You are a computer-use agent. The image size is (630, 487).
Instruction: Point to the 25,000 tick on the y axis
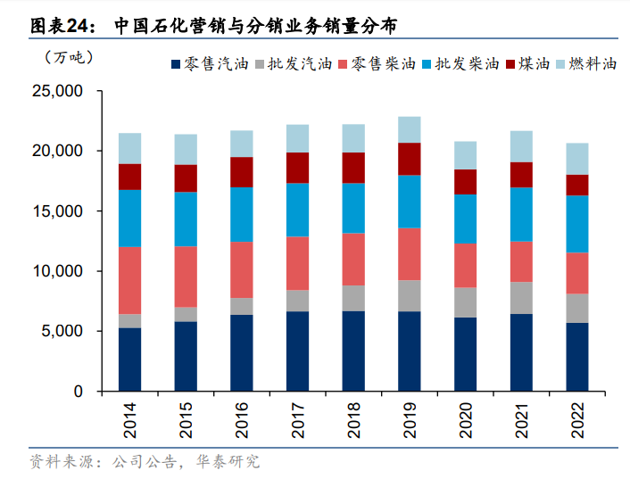pos(56,92)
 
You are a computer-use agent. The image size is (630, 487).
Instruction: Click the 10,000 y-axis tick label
pos(56,271)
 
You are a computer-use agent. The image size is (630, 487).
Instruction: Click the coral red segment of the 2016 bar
pos(242,269)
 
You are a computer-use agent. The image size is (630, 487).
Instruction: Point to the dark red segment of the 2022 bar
pos(577,185)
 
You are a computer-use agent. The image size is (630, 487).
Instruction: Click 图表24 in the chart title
pos(57,25)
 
